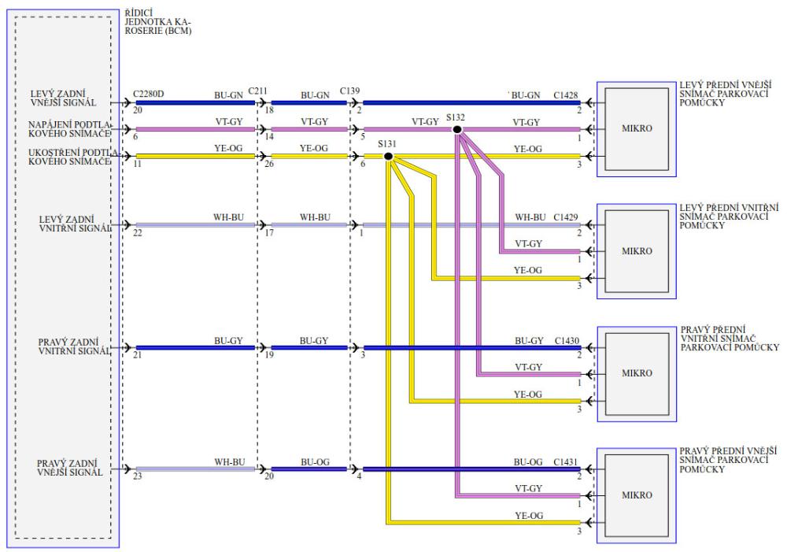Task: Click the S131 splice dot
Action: coord(388,156)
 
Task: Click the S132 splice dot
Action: coord(457,129)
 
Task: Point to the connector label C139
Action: coord(350,91)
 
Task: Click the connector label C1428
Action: coord(565,95)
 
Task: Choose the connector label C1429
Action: coord(565,216)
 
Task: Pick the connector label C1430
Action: coord(565,340)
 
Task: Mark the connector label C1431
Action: coord(565,461)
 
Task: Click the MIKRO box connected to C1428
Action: coord(637,129)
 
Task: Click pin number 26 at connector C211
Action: coord(269,164)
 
